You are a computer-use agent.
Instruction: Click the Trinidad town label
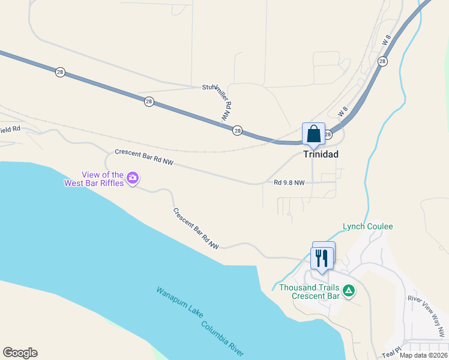click(321, 154)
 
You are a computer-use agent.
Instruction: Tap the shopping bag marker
click(313, 134)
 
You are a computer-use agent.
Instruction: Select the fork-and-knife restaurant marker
click(321, 259)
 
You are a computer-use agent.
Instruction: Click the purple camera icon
click(133, 178)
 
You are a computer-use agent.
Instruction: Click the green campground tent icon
click(349, 291)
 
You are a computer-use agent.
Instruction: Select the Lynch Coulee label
click(367, 226)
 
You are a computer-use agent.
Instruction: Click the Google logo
click(20, 353)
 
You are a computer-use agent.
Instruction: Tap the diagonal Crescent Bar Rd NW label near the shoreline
click(196, 229)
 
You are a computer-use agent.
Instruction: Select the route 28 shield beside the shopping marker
click(328, 135)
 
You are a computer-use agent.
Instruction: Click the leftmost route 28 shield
click(60, 72)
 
